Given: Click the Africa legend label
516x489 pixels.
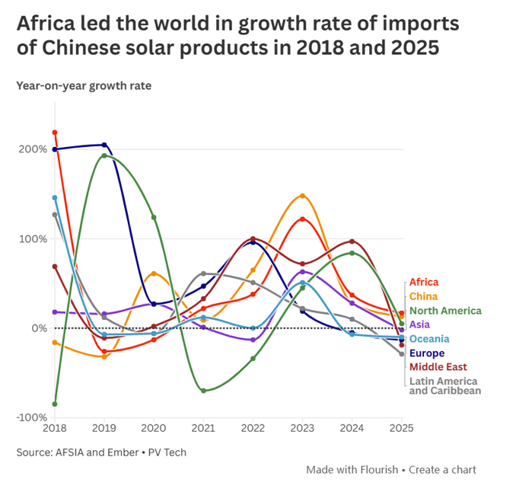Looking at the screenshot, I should coord(424,283).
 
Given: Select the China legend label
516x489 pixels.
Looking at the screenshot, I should coord(422,296).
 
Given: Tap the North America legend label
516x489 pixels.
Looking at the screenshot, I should coord(445,311).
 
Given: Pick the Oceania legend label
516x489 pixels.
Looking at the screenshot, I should coord(429,339).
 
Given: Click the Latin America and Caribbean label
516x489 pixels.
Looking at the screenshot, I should coord(444,386).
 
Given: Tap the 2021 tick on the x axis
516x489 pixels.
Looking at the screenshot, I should coord(203,429).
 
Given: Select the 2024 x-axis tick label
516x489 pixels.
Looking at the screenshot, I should coord(352,429).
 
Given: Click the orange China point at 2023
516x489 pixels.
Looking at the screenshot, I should coord(302,196).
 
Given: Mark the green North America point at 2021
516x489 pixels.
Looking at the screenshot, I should coord(203,391).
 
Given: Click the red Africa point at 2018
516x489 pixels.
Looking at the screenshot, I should coord(55,133).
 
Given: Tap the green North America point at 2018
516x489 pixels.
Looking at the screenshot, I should coord(55,404).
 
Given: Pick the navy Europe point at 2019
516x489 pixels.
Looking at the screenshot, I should coord(104,145).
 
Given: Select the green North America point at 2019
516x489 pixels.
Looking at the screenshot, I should coord(104,156).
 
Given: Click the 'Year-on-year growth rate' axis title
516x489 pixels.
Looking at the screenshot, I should coord(84,85).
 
